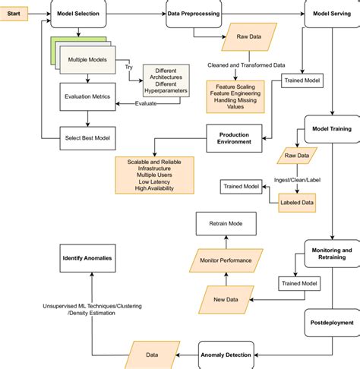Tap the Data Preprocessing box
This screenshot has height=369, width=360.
(x=193, y=14)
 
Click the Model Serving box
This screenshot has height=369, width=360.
(x=331, y=14)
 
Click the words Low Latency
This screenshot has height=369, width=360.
(x=154, y=181)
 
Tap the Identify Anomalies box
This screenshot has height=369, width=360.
(x=87, y=258)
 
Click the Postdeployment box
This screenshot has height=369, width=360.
(x=331, y=322)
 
